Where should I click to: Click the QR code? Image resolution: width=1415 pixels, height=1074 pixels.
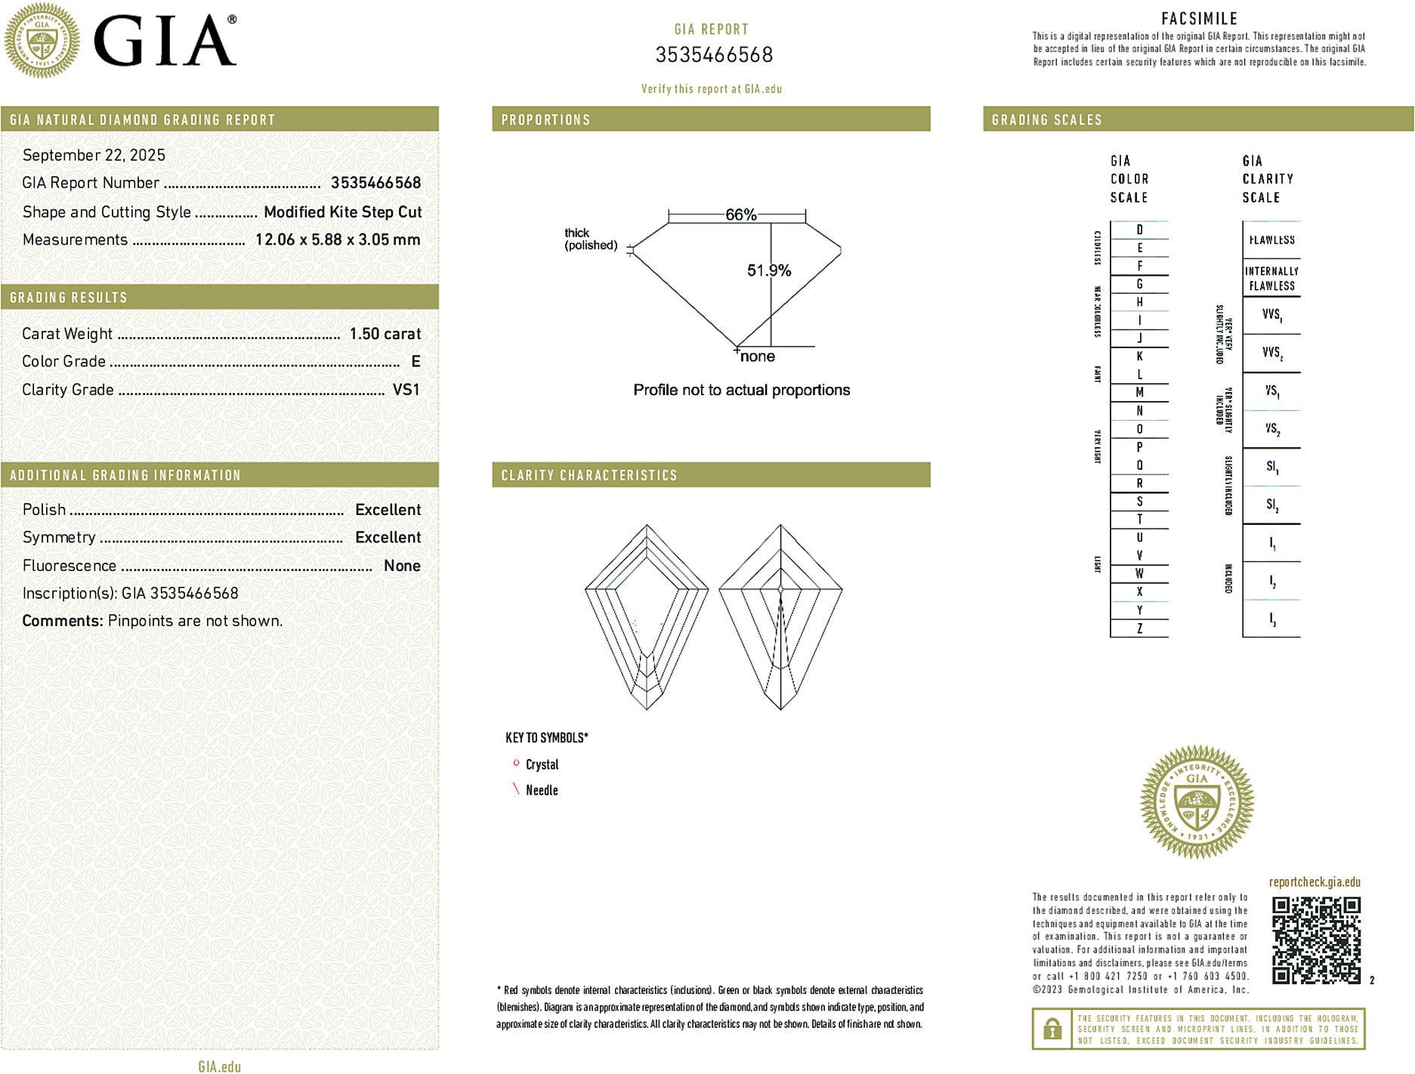click(x=1315, y=940)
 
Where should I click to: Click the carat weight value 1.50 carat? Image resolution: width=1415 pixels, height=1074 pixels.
click(x=385, y=334)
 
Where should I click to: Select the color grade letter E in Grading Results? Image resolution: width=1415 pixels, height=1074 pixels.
click(x=416, y=362)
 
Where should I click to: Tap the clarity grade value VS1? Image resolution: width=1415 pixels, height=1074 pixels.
click(x=406, y=390)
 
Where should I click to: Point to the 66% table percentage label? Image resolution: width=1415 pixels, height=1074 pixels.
click(x=740, y=214)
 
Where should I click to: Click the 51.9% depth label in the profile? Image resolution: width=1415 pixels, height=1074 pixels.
click(x=768, y=270)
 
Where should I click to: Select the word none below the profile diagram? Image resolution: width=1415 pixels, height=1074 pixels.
click(x=757, y=356)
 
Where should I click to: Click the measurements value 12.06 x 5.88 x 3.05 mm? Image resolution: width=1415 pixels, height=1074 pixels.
click(x=337, y=240)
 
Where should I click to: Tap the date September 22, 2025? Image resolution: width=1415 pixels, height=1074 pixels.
click(x=94, y=155)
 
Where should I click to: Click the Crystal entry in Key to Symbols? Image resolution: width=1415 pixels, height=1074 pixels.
click(x=542, y=764)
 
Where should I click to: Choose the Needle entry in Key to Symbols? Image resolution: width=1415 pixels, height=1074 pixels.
click(x=542, y=790)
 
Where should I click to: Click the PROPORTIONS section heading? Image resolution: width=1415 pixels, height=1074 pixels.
click(x=545, y=120)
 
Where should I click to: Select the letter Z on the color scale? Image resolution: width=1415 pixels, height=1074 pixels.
click(x=1139, y=628)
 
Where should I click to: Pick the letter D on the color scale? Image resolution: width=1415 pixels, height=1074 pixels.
click(x=1139, y=230)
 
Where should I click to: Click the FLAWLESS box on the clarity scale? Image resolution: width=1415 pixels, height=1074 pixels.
click(x=1271, y=240)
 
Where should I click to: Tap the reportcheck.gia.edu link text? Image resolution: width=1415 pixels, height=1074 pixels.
click(x=1315, y=882)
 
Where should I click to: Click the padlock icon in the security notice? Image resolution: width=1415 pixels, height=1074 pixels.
click(x=1052, y=1029)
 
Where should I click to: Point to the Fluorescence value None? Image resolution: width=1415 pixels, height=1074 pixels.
click(x=402, y=566)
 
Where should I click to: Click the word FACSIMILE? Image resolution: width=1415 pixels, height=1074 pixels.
click(x=1199, y=19)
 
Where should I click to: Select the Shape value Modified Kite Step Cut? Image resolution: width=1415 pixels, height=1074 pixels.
click(x=342, y=212)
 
